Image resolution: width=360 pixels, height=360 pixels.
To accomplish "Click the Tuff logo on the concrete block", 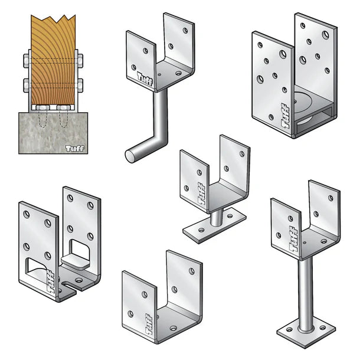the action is (x=74, y=148).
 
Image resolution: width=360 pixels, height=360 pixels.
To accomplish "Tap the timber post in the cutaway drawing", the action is (x=53, y=60).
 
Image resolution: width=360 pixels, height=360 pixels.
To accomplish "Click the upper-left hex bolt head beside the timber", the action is (x=26, y=61).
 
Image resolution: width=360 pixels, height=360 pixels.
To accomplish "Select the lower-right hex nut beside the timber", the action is (x=80, y=85).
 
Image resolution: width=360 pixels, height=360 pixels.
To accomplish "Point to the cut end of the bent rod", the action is (x=130, y=156).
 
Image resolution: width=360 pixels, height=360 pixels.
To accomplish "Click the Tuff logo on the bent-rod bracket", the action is (x=145, y=78).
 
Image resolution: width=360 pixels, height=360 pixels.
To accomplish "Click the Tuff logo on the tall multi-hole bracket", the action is (x=285, y=116).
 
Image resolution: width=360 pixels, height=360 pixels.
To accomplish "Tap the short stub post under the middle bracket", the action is (x=217, y=218).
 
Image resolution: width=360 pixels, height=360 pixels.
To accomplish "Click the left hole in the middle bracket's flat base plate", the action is (x=201, y=230).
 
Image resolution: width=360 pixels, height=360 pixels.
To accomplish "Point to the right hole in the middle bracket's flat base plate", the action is (x=230, y=216).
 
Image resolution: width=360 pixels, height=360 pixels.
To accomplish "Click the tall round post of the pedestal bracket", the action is (x=306, y=294).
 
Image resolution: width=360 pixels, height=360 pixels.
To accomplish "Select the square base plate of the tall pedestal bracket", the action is (x=306, y=332).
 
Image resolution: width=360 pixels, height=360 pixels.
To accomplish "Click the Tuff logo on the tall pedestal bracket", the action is (x=293, y=239).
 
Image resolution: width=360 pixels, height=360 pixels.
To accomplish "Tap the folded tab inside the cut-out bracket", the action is (x=76, y=261).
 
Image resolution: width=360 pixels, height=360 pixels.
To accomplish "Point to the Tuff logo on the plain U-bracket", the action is (x=149, y=324).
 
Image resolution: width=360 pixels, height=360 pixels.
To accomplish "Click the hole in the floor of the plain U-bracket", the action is (x=174, y=328).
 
